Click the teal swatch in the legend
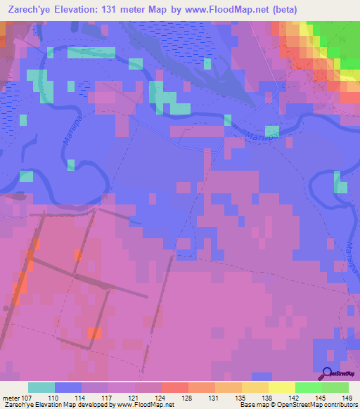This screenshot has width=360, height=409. click(x=41, y=387)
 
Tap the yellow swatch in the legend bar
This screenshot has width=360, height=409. click(x=281, y=387)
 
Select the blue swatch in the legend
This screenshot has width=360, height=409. click(x=68, y=387)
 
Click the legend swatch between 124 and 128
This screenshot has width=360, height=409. click(x=175, y=387)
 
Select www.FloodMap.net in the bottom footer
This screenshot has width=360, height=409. click(x=145, y=405)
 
